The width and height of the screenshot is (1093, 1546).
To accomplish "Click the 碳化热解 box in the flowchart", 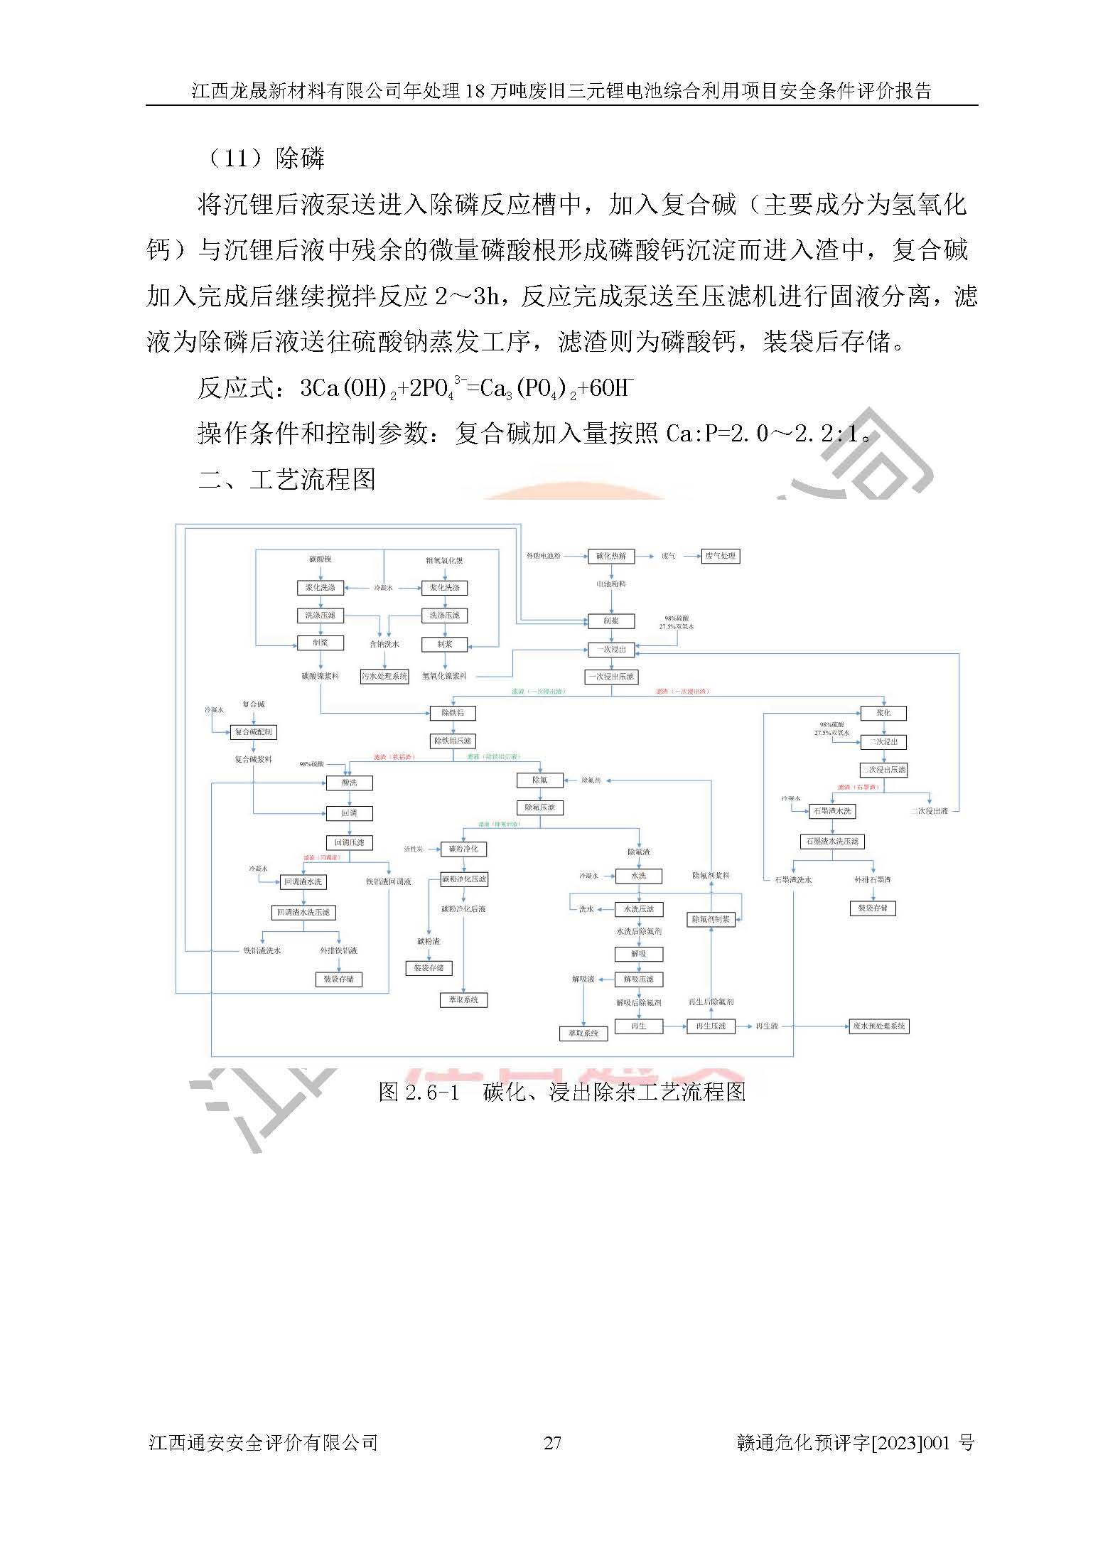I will [x=610, y=556].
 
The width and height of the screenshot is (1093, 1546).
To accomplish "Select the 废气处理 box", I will [x=721, y=556].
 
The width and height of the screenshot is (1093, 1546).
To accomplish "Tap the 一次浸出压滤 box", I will [x=610, y=677].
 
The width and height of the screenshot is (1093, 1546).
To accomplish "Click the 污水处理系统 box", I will [x=384, y=676].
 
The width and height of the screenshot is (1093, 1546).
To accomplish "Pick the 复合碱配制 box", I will [x=253, y=731].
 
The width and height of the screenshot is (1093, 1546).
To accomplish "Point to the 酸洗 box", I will [x=349, y=783].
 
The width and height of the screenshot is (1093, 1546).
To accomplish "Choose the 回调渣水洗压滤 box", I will [x=303, y=912].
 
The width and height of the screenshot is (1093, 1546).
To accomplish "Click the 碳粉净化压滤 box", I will [x=464, y=879].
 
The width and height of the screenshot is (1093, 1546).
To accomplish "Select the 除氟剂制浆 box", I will [x=711, y=919].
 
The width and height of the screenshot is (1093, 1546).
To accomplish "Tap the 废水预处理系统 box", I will [x=879, y=1026].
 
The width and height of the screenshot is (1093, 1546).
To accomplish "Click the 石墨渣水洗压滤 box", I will [x=833, y=841].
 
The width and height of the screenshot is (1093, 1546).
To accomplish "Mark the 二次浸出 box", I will [x=883, y=741].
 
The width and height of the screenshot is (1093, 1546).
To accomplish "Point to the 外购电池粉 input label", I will [x=543, y=556].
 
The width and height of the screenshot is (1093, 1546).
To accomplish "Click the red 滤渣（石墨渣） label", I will [x=858, y=787].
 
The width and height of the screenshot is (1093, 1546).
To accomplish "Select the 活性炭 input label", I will [x=414, y=849].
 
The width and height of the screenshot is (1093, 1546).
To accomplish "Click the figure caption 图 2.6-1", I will [x=561, y=1091].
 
